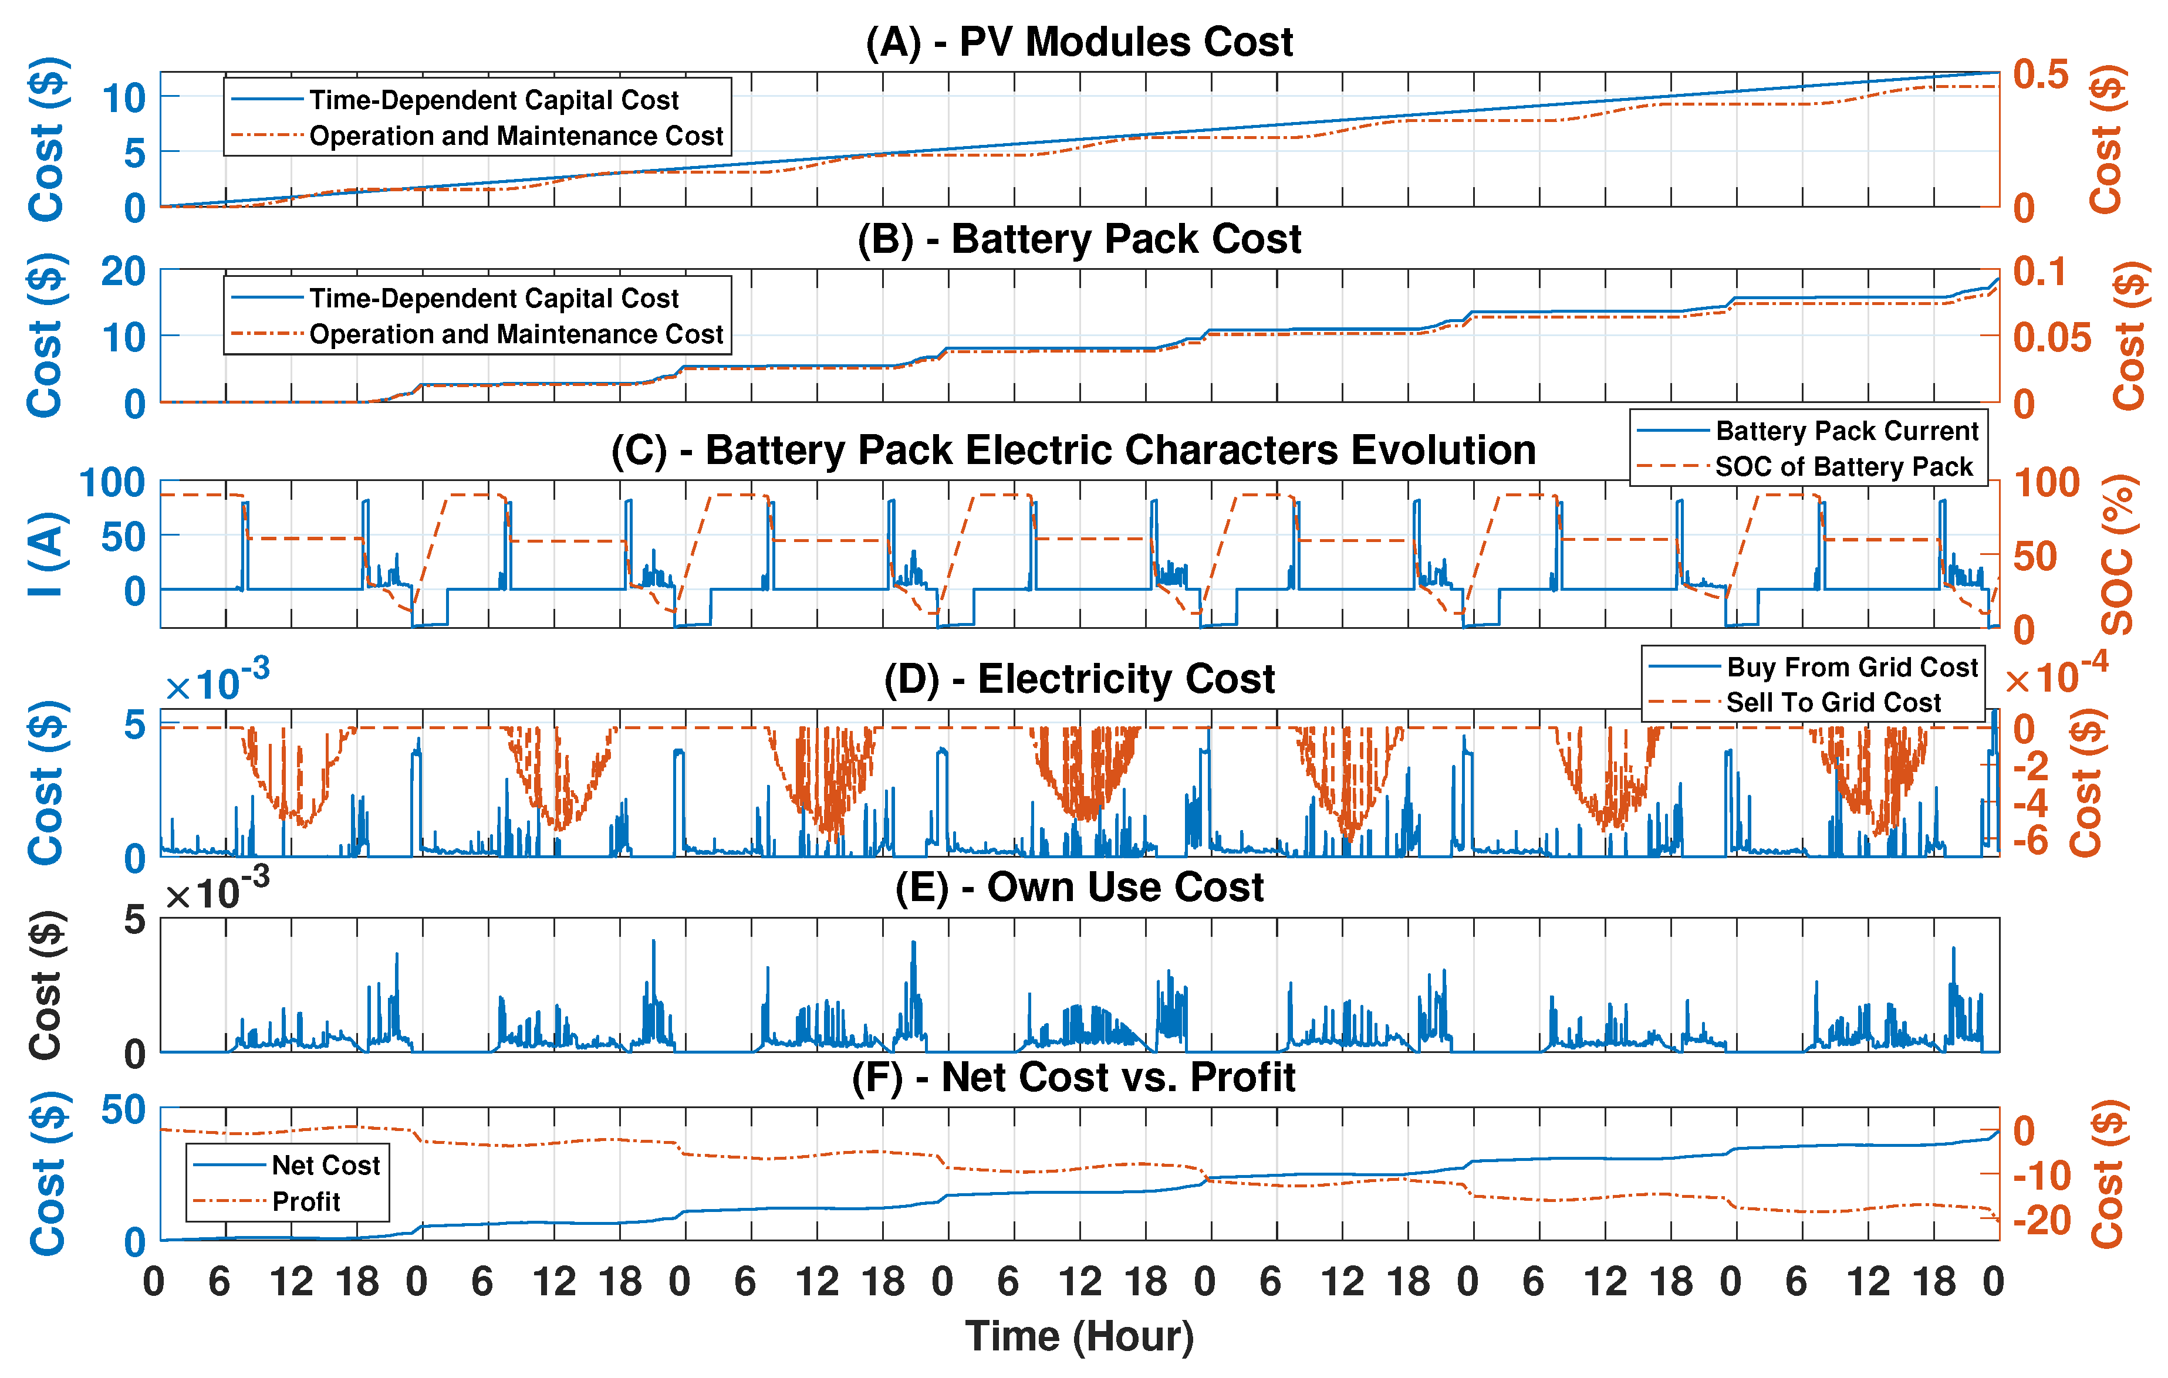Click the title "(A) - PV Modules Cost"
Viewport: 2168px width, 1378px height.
pos(1079,42)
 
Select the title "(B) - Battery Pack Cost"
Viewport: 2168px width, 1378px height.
pos(1079,239)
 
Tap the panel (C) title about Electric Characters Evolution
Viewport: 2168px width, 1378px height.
pos(1073,450)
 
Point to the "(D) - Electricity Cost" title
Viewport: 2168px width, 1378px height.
pos(1079,679)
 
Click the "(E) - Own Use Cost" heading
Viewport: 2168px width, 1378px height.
pos(1079,888)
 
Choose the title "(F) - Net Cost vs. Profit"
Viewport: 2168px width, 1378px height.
pos(1073,1078)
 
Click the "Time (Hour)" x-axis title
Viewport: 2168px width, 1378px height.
pos(1079,1336)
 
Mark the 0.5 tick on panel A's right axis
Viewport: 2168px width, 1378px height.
pos(2041,75)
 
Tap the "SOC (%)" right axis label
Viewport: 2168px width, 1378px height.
pos(2118,554)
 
